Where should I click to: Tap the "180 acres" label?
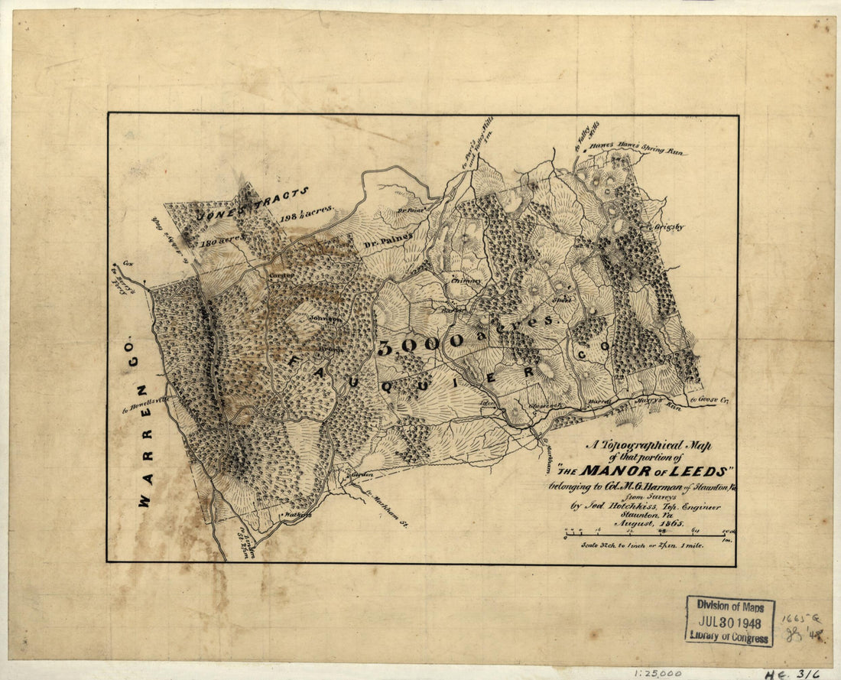[x=221, y=239]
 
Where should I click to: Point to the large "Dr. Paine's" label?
[x=388, y=241]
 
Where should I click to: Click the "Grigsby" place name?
[x=667, y=226]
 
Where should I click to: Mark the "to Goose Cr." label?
[x=706, y=400]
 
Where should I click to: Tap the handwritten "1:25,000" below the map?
[x=660, y=672]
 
